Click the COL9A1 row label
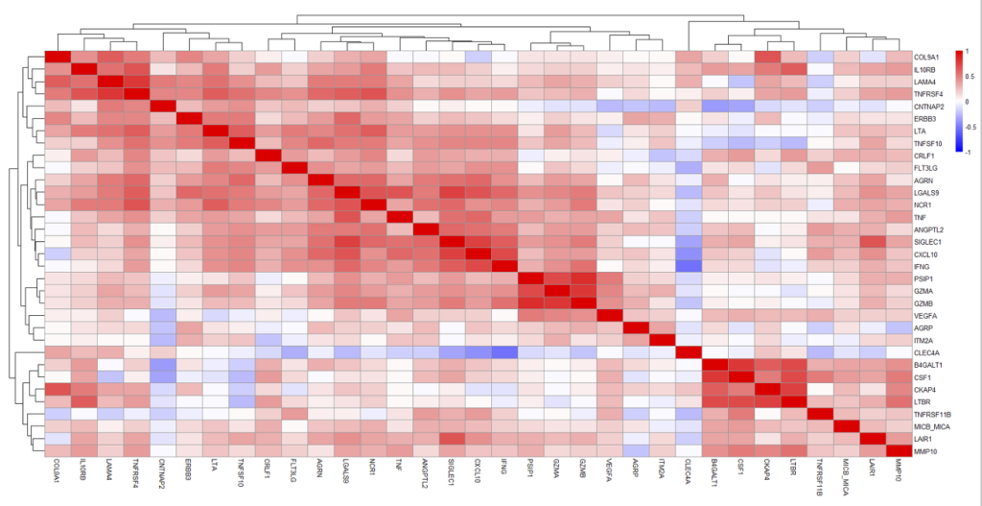pyautogui.click(x=927, y=57)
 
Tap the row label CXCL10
pyautogui.click(x=926, y=253)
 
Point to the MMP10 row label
pyautogui.click(x=926, y=450)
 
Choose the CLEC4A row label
pyautogui.click(x=927, y=352)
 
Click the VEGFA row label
pyautogui.click(x=925, y=315)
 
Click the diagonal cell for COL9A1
pyautogui.click(x=58, y=56)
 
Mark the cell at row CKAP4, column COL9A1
pyautogui.click(x=58, y=389)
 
